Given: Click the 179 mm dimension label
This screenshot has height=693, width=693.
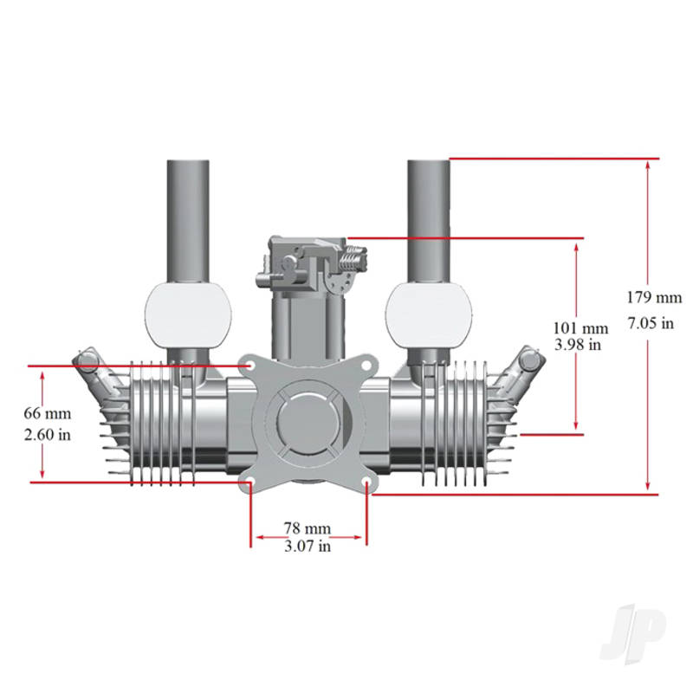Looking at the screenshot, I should pyautogui.click(x=654, y=297).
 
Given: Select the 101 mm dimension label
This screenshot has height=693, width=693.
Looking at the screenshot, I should pyautogui.click(x=580, y=328).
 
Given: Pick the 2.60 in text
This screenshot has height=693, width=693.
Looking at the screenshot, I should pyautogui.click(x=48, y=435).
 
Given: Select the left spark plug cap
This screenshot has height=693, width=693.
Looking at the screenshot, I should pyautogui.click(x=88, y=360).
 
